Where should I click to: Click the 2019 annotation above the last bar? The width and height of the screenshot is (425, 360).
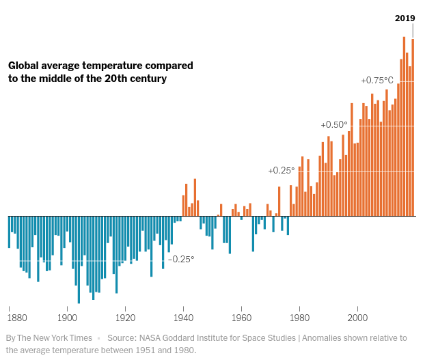pos(405,18)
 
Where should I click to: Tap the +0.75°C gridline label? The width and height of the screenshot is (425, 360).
pos(377,81)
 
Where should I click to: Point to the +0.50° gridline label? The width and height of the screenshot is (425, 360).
pos(334,125)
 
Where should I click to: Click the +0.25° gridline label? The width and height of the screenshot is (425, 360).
pos(282,170)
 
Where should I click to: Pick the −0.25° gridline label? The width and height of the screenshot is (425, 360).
pos(181,260)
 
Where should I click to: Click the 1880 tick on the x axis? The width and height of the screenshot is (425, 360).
pos(18,318)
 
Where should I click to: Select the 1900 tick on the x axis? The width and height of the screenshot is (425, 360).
pos(67,318)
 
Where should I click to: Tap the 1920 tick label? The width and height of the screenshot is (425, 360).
pos(125,318)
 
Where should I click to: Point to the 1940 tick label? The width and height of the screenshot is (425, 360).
pos(183,318)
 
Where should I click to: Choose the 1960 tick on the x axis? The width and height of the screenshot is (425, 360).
pos(241,318)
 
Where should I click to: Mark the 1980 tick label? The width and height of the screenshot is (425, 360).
pos(299,318)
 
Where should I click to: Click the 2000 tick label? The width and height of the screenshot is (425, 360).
pos(357,318)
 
